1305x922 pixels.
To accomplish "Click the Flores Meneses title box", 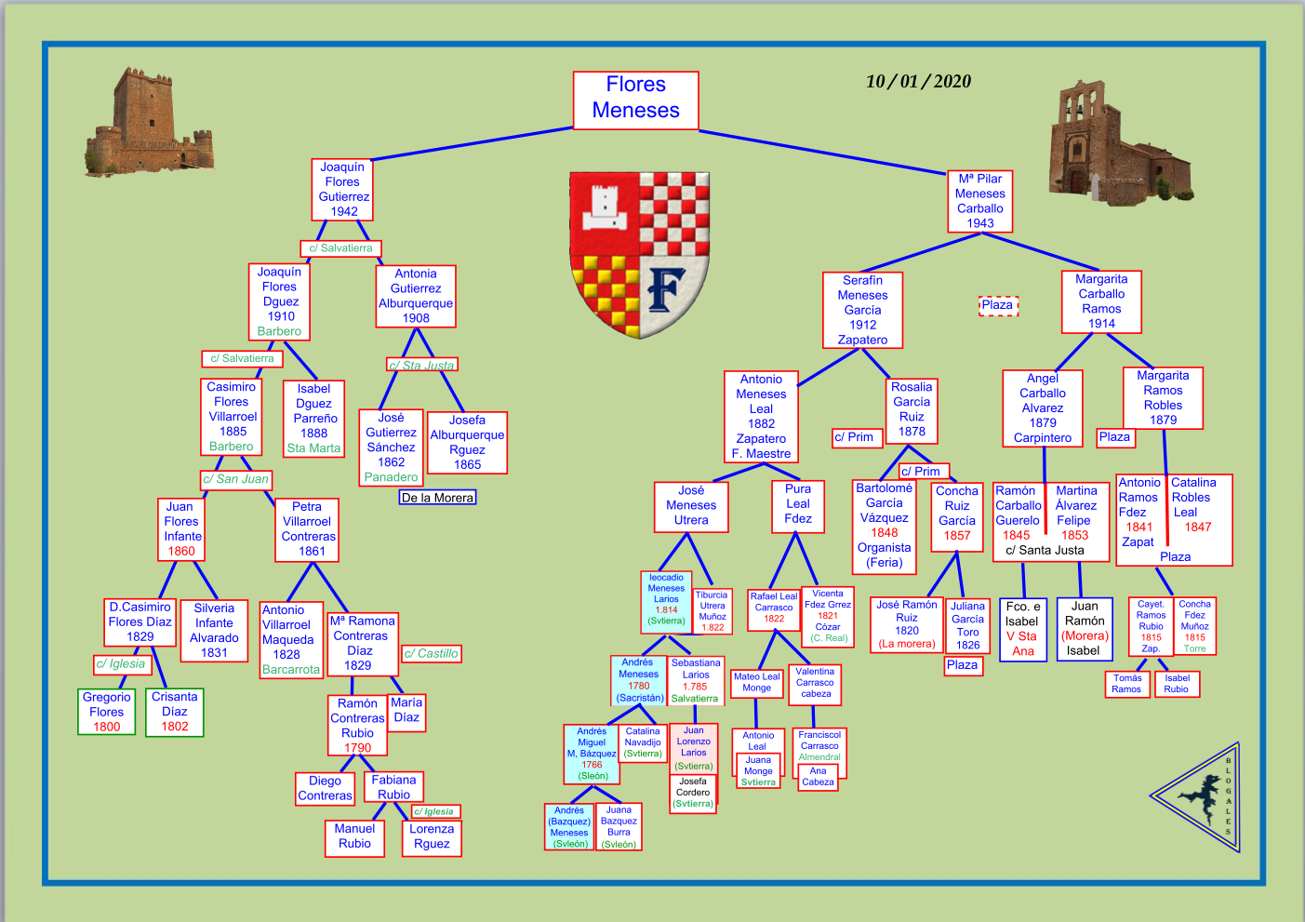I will tap(635, 99).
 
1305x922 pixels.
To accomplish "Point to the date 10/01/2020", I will tap(918, 81).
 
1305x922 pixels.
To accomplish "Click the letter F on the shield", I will tap(665, 289).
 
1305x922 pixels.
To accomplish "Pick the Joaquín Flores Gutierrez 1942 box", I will tap(343, 190).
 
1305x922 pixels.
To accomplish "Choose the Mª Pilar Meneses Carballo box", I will tap(979, 201).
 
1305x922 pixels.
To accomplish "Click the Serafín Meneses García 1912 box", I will tap(862, 310).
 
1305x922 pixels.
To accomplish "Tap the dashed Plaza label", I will tap(998, 305).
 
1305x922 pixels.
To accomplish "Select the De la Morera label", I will tap(437, 498).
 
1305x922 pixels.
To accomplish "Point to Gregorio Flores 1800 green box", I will tap(107, 712).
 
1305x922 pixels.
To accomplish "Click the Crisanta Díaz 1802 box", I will tap(175, 712).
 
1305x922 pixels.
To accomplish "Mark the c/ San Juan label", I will tap(236, 479).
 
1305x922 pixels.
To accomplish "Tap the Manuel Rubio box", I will tap(354, 836).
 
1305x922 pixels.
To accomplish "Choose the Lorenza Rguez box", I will tap(432, 836).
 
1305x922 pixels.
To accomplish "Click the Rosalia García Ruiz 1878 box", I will tap(912, 409).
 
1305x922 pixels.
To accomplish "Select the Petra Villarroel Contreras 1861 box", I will tap(308, 529).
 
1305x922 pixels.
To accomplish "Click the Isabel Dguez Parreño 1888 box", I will tap(314, 419).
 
